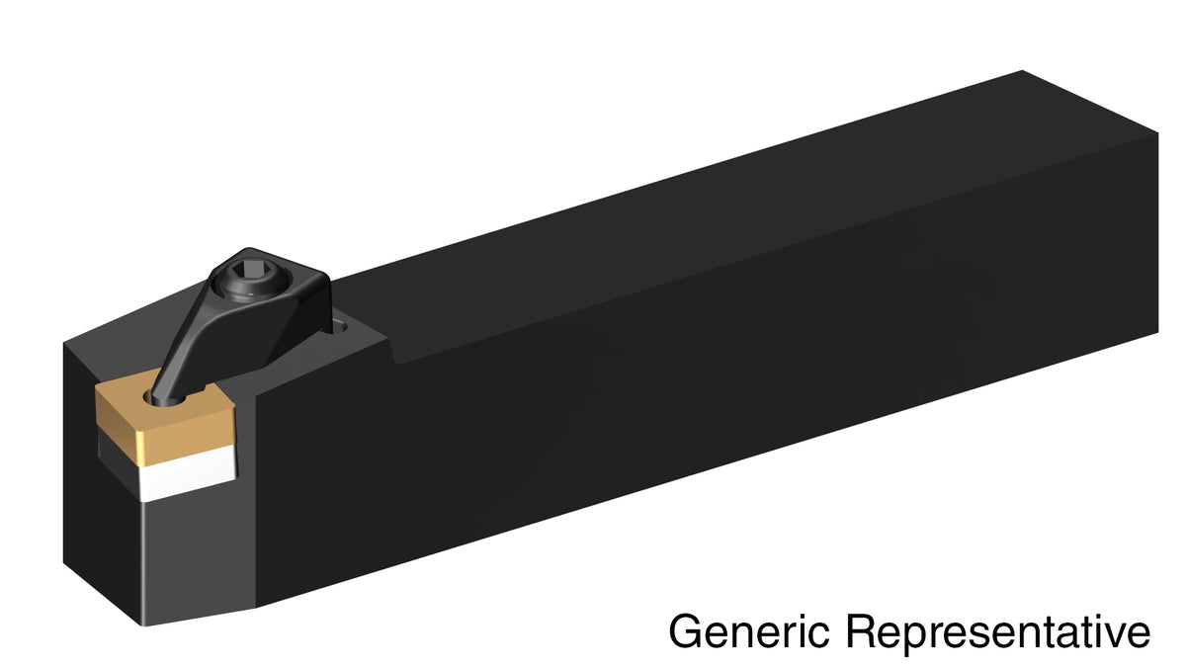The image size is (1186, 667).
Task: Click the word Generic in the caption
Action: click(x=749, y=630)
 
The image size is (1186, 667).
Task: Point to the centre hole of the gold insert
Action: click(x=167, y=398)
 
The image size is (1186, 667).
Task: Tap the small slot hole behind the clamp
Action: click(x=340, y=325)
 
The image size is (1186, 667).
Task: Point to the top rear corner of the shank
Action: click(x=1022, y=70)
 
